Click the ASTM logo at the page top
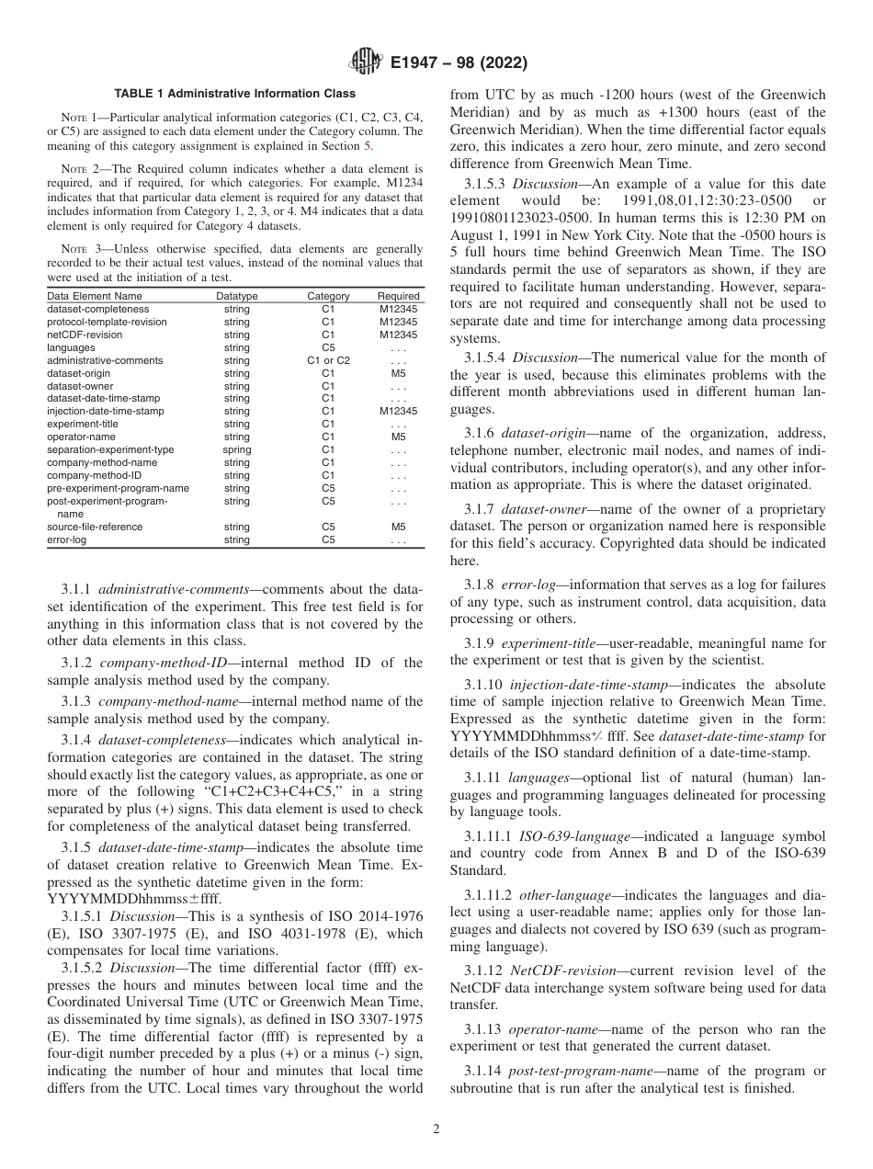coord(366,63)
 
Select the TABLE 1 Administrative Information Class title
coord(234,94)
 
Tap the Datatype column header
coord(236,296)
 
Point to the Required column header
coord(398,296)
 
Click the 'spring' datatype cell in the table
coord(236,449)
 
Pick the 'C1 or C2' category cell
coord(328,360)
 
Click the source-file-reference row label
coord(95,527)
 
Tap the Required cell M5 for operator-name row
coord(398,437)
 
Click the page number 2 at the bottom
coord(436,1129)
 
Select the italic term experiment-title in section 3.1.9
coord(551,642)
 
